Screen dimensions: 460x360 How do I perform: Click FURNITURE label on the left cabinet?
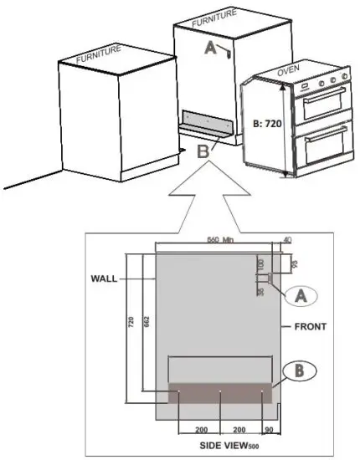click(x=99, y=58)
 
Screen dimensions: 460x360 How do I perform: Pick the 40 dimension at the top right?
click(x=288, y=240)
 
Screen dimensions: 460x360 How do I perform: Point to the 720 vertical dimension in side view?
click(x=131, y=322)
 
